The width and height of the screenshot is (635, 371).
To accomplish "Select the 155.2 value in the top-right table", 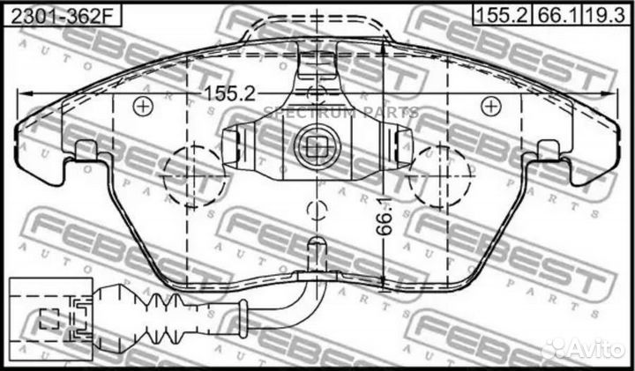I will coord(500,14).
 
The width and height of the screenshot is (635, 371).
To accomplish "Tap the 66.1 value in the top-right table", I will coord(553,14).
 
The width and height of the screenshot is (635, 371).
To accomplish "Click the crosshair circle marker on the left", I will coord(139,107).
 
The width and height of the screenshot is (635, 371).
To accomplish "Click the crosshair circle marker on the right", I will coord(488,106).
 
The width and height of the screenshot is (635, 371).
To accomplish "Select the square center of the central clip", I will coord(315,140).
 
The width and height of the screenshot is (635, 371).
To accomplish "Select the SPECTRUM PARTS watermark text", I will coord(340,112).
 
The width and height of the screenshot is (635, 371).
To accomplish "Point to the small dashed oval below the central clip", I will coord(315,211).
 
